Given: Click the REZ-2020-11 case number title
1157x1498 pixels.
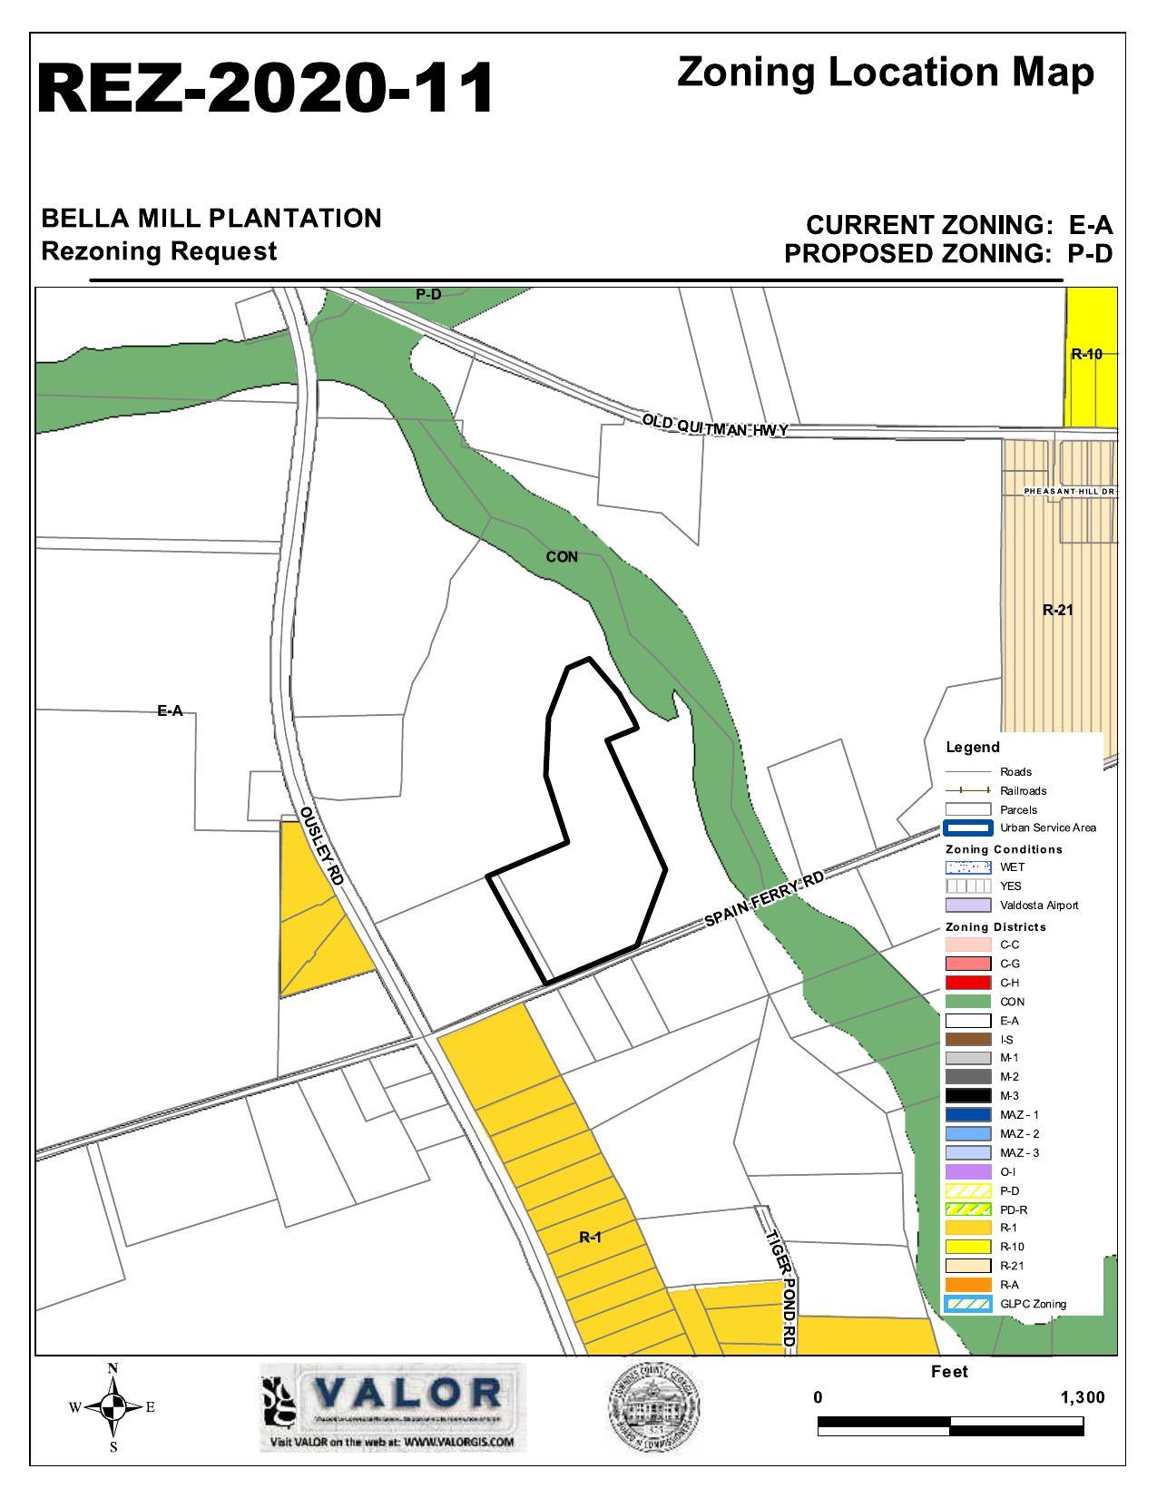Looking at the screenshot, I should click(265, 88).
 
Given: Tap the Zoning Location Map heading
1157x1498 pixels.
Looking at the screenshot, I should click(885, 73).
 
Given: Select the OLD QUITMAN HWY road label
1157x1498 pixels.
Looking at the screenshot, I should click(715, 425).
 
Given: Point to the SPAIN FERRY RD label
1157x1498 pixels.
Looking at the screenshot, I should click(765, 899).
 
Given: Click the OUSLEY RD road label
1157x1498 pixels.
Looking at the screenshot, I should click(322, 847).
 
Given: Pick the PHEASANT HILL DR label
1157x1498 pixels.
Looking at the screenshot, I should click(1070, 491).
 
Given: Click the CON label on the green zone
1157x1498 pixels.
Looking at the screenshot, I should click(562, 557).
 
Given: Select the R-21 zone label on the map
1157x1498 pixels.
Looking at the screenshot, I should click(1057, 610).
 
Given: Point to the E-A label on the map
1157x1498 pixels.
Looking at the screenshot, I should click(170, 711).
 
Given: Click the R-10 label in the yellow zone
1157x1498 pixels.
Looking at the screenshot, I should click(1086, 354).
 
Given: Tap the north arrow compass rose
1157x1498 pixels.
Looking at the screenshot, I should click(113, 1407).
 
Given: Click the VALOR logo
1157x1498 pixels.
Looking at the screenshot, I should click(392, 1406).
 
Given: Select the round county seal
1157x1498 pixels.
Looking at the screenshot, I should click(653, 1407).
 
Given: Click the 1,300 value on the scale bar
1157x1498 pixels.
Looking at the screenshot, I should click(1082, 1397).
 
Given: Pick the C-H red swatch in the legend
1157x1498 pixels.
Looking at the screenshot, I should click(967, 983).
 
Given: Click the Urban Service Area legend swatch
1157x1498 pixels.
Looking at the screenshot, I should click(967, 827).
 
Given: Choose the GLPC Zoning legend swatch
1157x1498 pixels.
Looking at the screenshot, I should click(967, 1304).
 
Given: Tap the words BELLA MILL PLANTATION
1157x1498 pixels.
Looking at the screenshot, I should click(211, 219).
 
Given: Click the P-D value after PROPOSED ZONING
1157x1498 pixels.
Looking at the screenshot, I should click(1089, 254).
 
